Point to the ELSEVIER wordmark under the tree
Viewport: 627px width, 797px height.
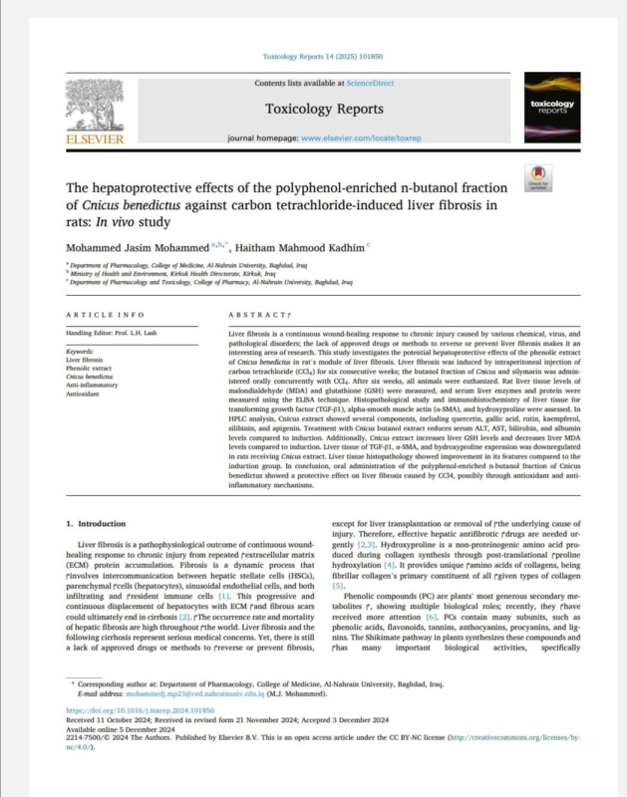pyautogui.click(x=96, y=141)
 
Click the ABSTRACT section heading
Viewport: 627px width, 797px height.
pyautogui.click(x=248, y=315)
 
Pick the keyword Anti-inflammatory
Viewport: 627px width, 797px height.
pyautogui.click(x=93, y=386)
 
